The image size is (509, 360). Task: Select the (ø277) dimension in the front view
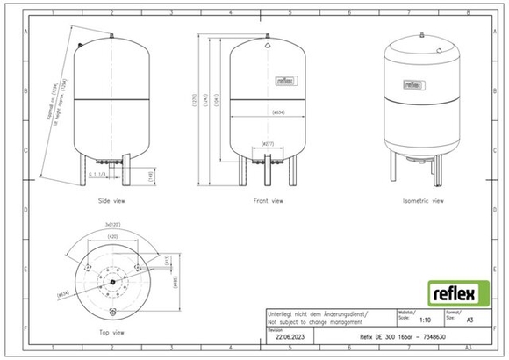pyautogui.click(x=267, y=142)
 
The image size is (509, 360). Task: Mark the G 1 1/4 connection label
pyautogui.click(x=99, y=174)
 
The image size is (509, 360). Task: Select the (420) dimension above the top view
pyautogui.click(x=112, y=237)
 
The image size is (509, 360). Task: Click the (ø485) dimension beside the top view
pyautogui.click(x=175, y=281)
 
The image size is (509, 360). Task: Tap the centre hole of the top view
pyautogui.click(x=112, y=280)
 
